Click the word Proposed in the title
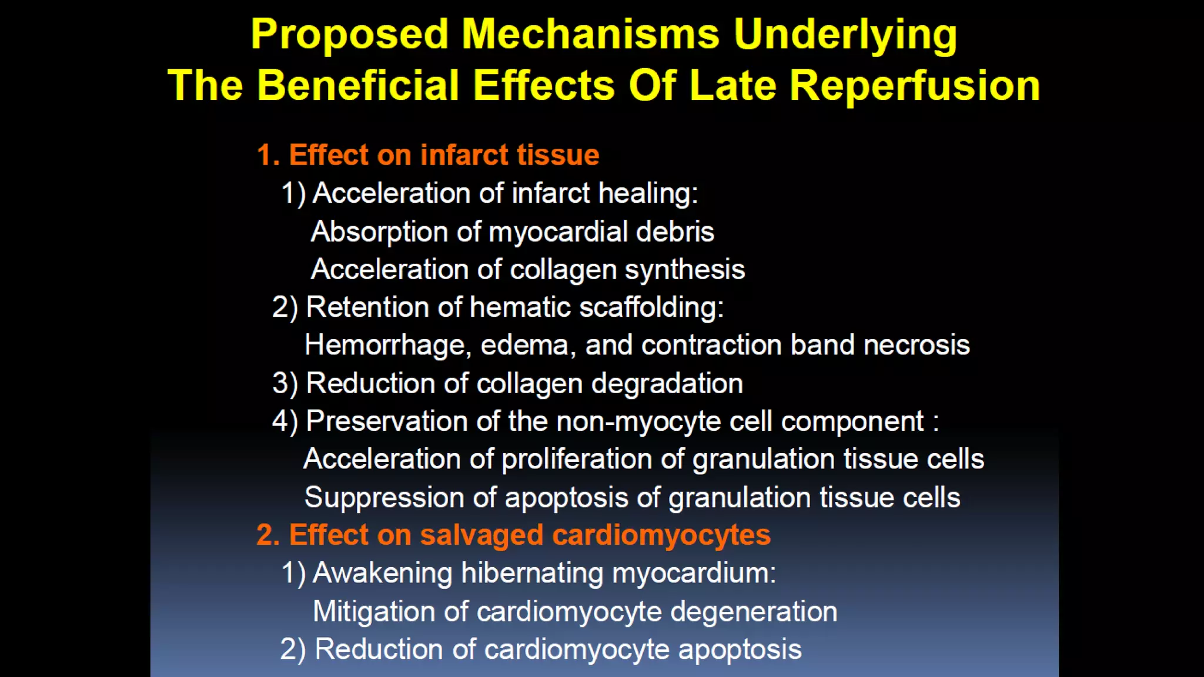click(x=349, y=34)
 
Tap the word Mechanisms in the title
click(x=590, y=34)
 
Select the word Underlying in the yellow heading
click(x=845, y=35)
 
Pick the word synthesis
click(x=684, y=270)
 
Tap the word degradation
click(x=667, y=384)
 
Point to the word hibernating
click(x=531, y=573)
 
